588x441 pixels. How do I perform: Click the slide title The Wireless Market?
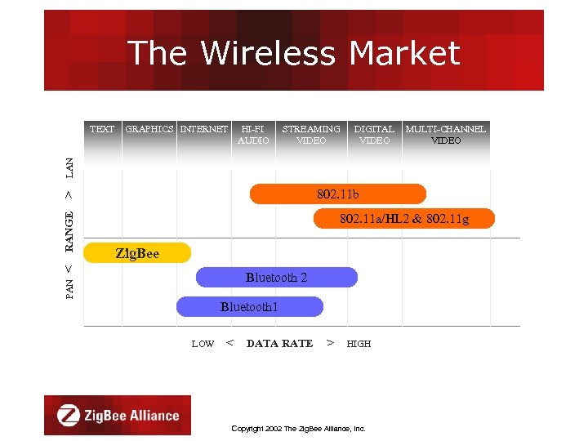pos(294,53)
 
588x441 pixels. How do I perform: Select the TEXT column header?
pos(102,129)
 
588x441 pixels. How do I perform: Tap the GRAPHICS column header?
pos(149,129)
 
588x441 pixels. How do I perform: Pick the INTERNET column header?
pos(204,129)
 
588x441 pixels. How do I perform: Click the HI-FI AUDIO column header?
pos(253,135)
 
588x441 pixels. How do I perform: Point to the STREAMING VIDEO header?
pos(311,135)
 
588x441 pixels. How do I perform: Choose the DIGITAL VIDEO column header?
pos(374,135)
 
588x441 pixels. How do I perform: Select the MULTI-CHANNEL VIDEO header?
pos(446,135)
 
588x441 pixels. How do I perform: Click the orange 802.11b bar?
pos(338,194)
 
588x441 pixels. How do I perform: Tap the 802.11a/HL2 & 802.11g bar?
pos(404,219)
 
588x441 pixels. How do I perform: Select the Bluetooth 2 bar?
pos(277,278)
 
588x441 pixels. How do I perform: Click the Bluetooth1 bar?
pos(250,307)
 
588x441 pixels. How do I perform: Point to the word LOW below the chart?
pos(203,344)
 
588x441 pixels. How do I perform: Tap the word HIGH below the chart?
pos(359,344)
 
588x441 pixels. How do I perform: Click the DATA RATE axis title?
pos(279,344)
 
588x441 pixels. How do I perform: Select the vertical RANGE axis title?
pos(69,231)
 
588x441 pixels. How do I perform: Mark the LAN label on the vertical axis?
pos(69,168)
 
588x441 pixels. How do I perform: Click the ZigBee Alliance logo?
pos(118,415)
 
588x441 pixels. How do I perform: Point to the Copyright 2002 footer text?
pos(298,428)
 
